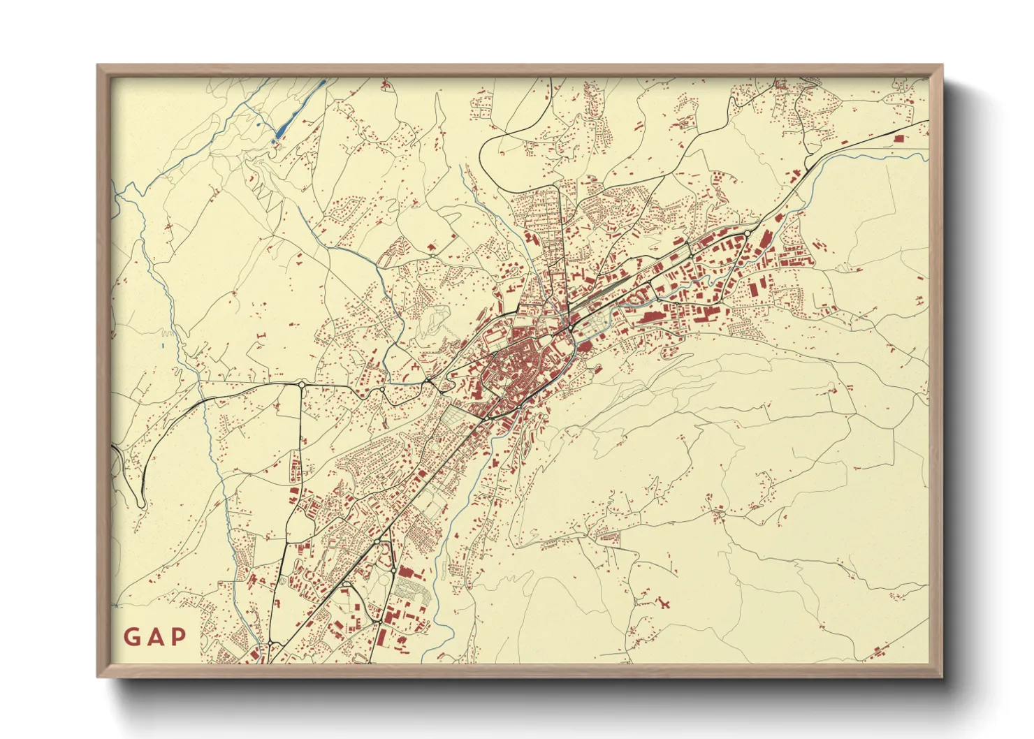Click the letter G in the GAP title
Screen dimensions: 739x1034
coord(131,637)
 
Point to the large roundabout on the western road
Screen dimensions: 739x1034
coord(301,384)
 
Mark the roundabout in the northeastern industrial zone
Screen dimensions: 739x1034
coord(747,233)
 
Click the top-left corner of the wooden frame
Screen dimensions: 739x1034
coord(98,66)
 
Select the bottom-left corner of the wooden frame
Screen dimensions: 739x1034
coord(98,676)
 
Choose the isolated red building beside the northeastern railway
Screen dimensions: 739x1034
coord(898,138)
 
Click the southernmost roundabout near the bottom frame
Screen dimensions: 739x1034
coord(270,643)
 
